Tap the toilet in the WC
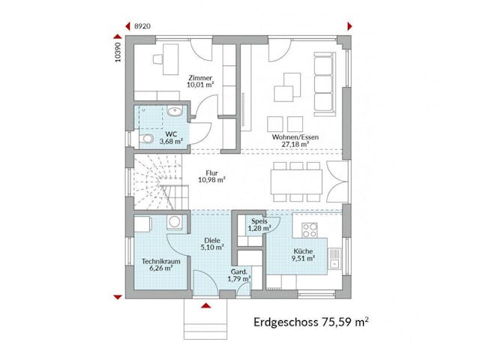[146, 139]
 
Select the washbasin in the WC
[175, 112]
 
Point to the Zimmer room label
[200, 78]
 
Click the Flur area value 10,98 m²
[212, 180]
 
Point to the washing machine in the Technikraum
[174, 222]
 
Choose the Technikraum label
[158, 260]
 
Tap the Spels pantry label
[259, 221]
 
